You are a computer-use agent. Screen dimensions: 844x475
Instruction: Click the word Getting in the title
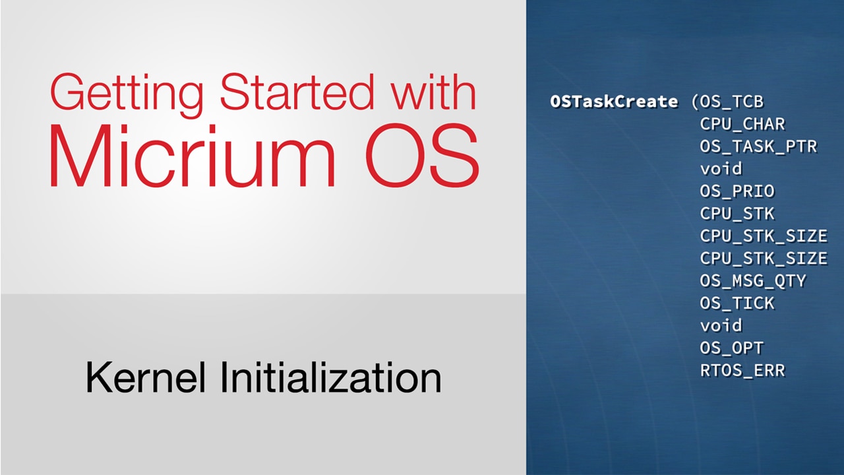pos(127,95)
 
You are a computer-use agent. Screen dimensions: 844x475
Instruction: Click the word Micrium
pos(192,156)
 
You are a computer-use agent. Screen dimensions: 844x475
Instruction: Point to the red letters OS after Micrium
pos(423,156)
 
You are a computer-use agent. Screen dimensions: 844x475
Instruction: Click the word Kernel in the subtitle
pos(146,377)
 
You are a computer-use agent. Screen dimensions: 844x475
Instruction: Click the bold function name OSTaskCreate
pos(614,102)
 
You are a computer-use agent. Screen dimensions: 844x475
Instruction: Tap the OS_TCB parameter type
pos(732,102)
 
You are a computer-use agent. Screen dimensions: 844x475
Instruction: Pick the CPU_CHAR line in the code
pos(742,124)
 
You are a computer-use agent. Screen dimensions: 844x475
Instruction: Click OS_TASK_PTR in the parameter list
pos(758,146)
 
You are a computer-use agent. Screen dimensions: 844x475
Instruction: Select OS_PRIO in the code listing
pos(737,191)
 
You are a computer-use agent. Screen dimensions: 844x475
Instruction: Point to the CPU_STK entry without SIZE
pos(737,214)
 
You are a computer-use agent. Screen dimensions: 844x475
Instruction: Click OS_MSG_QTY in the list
pos(753,281)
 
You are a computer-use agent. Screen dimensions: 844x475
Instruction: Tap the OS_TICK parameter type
pos(737,303)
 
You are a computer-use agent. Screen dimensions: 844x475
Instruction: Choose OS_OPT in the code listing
pos(732,348)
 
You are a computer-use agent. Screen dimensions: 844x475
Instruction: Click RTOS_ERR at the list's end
pos(742,371)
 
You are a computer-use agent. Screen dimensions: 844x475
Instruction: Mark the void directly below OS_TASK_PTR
pos(721,168)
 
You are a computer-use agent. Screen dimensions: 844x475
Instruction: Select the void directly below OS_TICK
pos(721,325)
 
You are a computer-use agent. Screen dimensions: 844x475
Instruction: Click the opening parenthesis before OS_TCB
pos(695,102)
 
